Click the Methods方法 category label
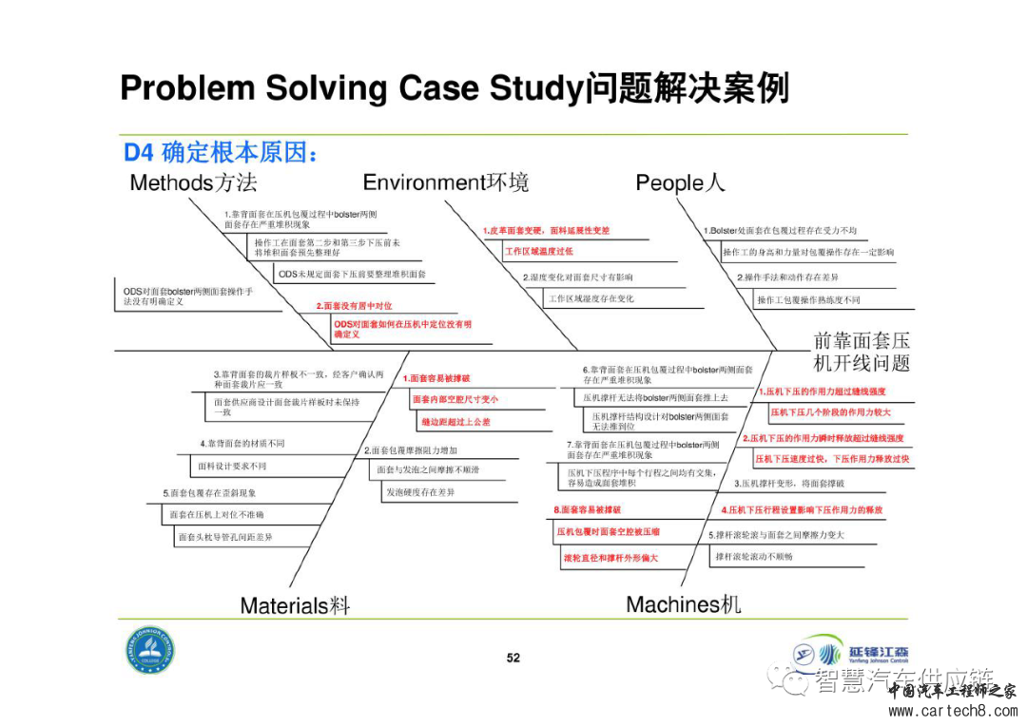(193, 181)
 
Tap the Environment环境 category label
(445, 181)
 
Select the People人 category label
(679, 182)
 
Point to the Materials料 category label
(295, 605)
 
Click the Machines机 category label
(683, 603)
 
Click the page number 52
(513, 658)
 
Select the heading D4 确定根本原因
(220, 152)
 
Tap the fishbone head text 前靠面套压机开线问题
(862, 353)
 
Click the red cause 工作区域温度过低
(538, 251)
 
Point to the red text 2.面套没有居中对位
(354, 306)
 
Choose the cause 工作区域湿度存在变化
(591, 298)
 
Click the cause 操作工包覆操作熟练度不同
(808, 300)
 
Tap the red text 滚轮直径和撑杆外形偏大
(610, 558)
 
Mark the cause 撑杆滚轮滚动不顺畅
(753, 556)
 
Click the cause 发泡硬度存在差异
(419, 491)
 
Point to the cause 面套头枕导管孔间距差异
(225, 537)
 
